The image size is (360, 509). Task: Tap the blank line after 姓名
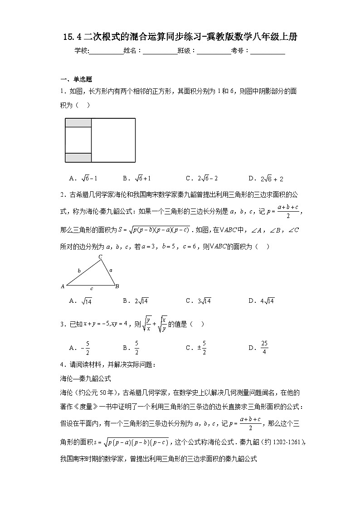(160, 51)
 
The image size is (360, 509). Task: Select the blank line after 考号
(268, 51)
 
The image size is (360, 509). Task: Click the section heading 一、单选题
(76, 79)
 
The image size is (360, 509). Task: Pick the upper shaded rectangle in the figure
(78, 123)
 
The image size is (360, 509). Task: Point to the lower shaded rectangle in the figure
(78, 158)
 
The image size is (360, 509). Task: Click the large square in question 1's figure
(113, 140)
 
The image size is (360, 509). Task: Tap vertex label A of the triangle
(63, 286)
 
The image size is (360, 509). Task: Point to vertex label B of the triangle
(117, 286)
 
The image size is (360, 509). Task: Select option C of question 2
(199, 301)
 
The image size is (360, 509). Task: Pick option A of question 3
(78, 348)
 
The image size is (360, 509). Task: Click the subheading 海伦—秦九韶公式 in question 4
(86, 378)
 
